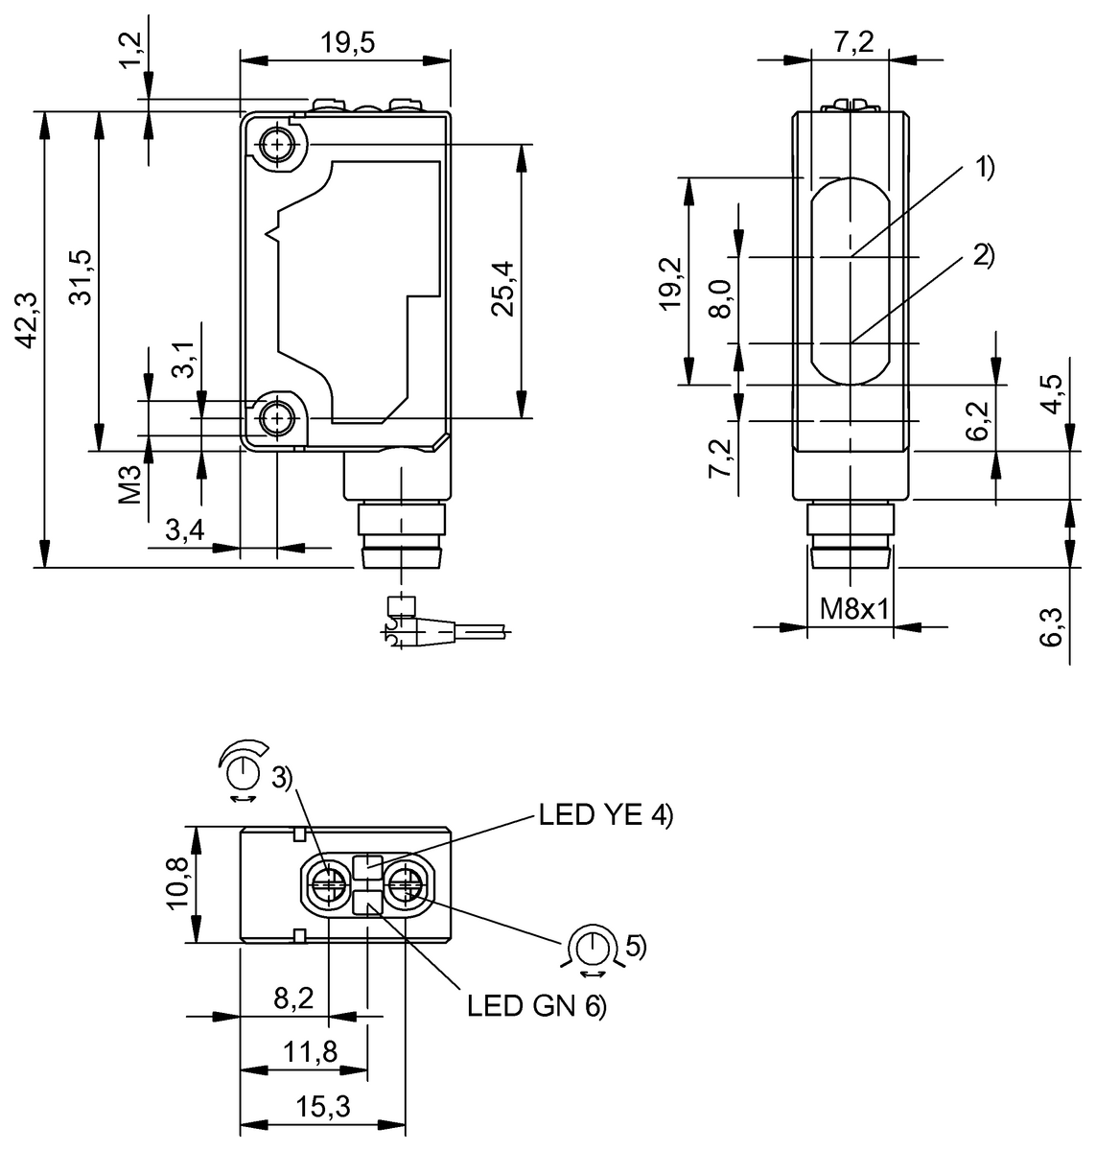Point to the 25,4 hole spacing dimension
tap(502, 289)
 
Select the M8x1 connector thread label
tap(850, 610)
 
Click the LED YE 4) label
tap(606, 816)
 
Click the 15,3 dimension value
tap(323, 1108)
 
